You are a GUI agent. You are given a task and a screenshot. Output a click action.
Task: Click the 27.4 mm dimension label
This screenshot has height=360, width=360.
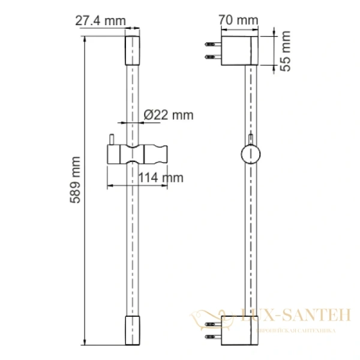point(101,20)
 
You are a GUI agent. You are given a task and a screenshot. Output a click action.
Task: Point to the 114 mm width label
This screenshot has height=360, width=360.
point(160,177)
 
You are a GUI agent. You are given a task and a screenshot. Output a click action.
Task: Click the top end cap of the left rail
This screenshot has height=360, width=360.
point(131,52)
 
